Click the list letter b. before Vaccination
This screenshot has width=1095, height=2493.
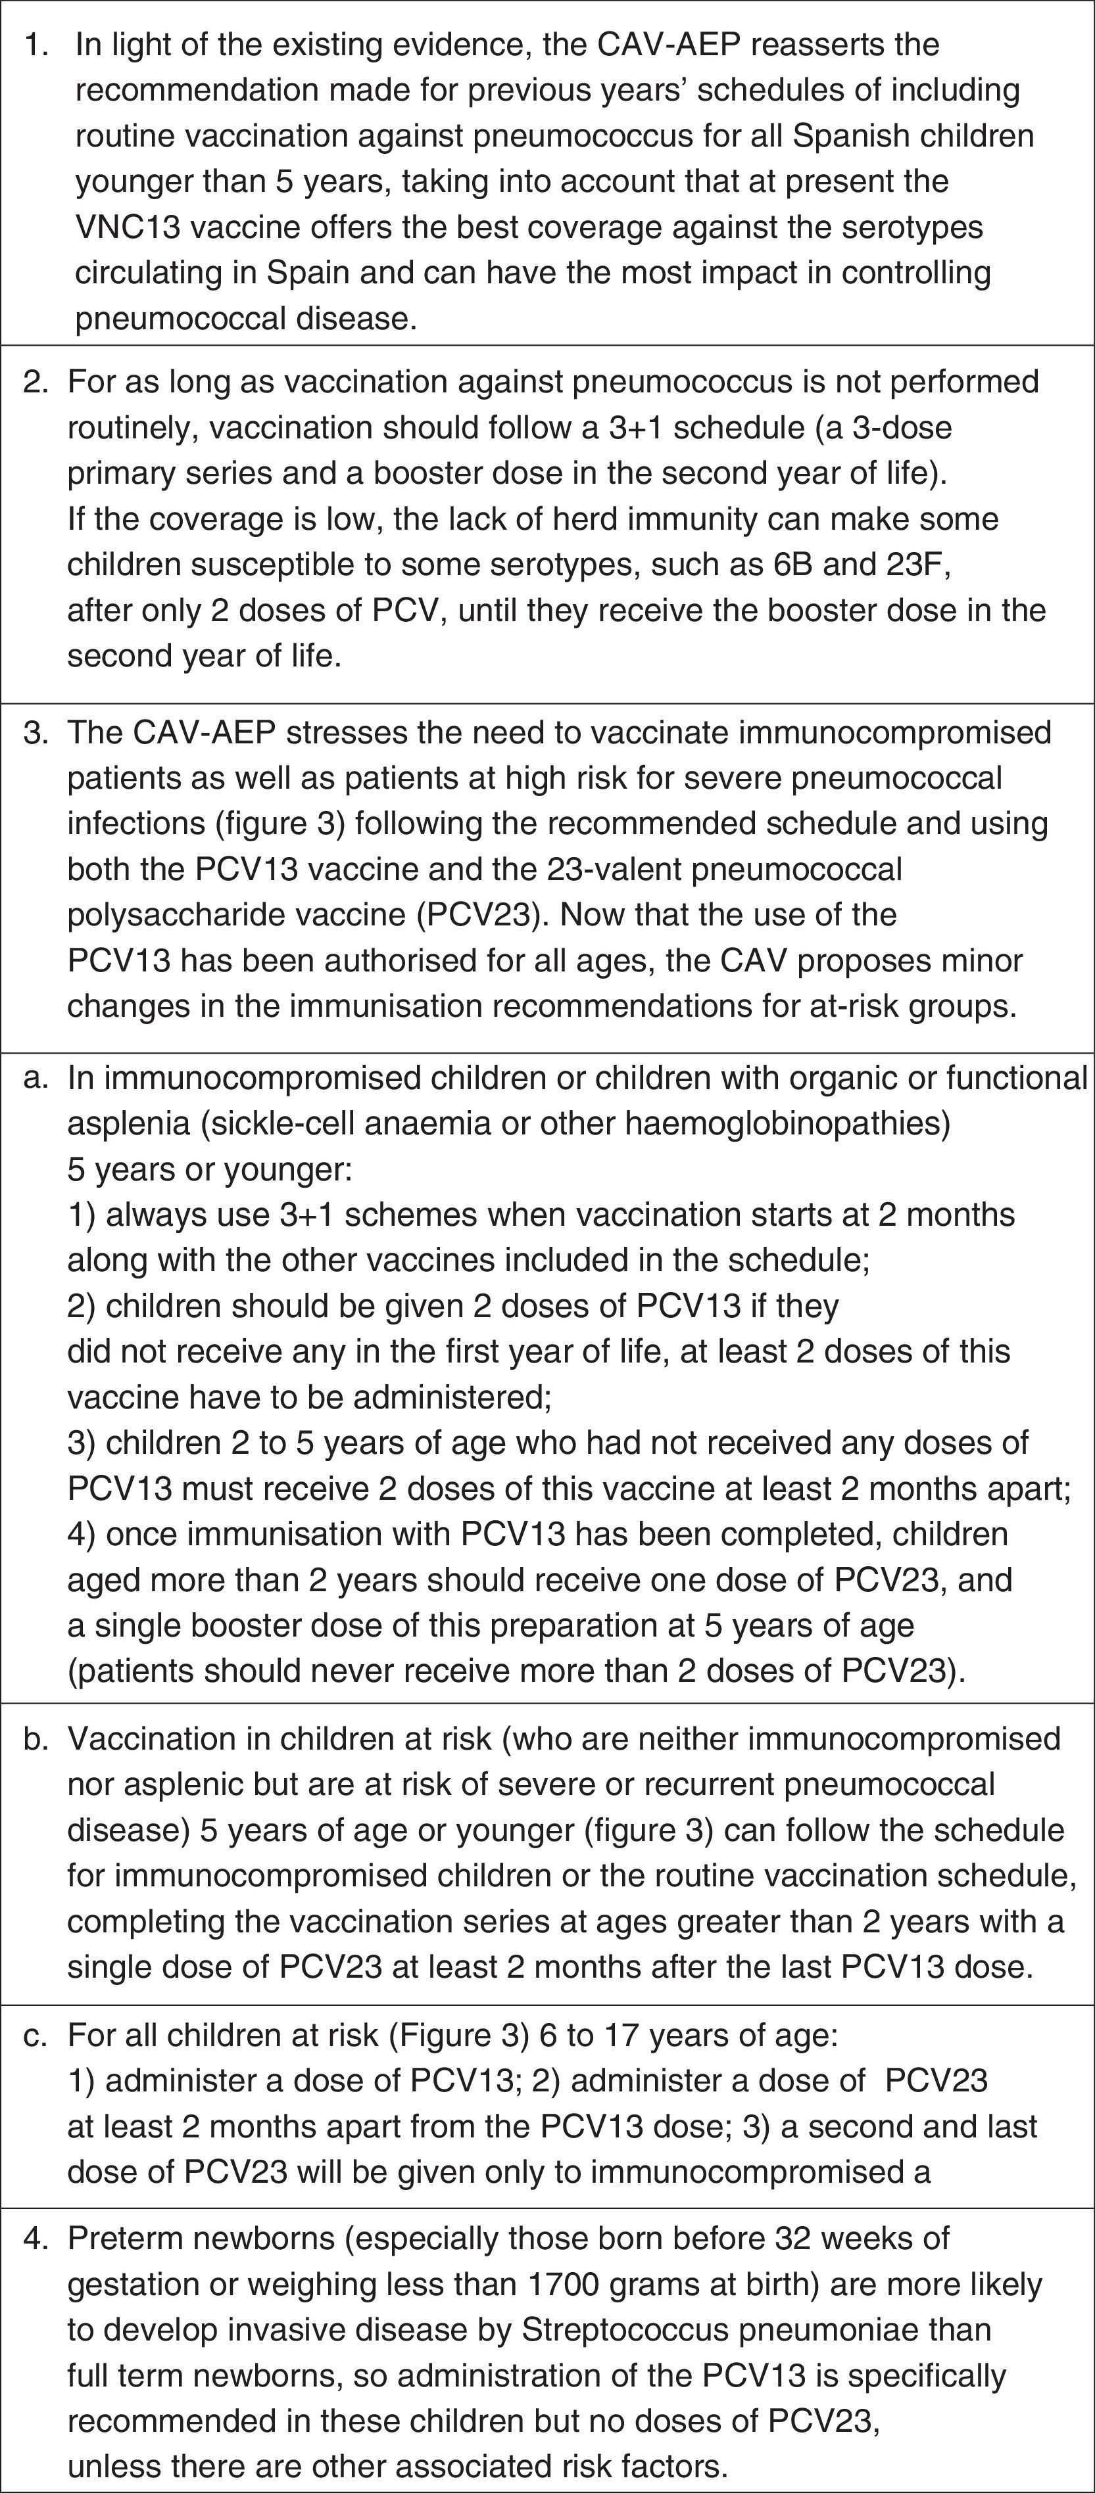coord(36,1738)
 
